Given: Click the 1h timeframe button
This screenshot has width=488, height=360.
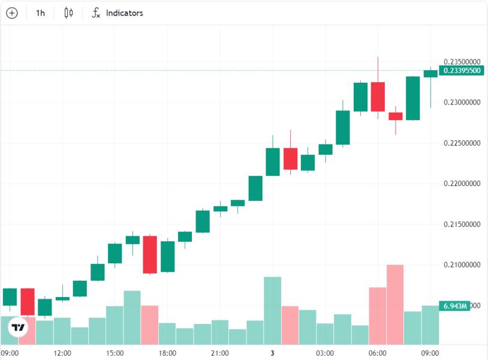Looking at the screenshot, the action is tap(40, 13).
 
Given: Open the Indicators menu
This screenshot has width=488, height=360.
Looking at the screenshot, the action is tap(118, 13).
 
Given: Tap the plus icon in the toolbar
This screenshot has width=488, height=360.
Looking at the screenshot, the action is tap(12, 13).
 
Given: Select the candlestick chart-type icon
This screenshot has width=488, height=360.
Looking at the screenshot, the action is tap(68, 13).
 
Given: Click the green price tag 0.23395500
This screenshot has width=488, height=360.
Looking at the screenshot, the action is tap(462, 70).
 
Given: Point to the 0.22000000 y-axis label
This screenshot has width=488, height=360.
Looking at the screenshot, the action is tap(462, 184).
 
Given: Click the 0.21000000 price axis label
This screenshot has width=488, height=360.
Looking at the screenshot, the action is tap(462, 265).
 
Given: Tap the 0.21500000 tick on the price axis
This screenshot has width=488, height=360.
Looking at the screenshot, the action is tap(462, 224).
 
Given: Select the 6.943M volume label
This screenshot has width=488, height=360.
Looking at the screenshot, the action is tap(454, 306).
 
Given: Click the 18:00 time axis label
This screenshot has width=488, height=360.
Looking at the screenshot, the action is tap(167, 353).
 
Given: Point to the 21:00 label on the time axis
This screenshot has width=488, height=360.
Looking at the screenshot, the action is tap(220, 353).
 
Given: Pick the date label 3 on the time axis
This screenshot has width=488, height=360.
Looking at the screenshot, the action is tap(272, 353).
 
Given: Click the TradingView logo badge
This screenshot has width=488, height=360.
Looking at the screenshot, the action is tap(18, 328).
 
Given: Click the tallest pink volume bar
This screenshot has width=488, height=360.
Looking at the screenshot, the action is tap(395, 305).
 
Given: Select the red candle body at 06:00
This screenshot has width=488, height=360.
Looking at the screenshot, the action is tap(378, 97).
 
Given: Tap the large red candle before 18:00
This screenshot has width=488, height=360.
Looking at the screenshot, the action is tap(150, 255).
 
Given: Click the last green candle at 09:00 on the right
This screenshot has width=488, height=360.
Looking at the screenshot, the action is tap(430, 74).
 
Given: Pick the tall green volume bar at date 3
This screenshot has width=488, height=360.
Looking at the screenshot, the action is tap(272, 310).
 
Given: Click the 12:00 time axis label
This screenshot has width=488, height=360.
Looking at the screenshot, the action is tap(62, 353).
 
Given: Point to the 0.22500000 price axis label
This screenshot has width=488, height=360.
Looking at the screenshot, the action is tap(462, 143).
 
